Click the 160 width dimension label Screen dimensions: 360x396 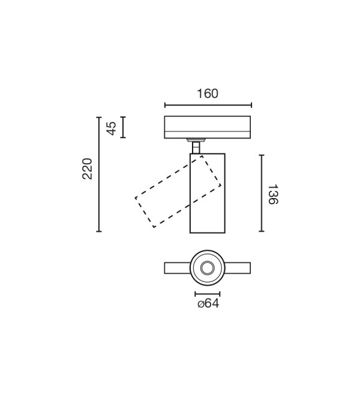(208, 94)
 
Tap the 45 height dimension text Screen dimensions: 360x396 (111, 128)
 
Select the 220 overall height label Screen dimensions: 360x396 (88, 169)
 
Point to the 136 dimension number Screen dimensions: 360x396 (273, 194)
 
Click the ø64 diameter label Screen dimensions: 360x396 (208, 304)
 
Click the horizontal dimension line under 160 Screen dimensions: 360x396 (208, 105)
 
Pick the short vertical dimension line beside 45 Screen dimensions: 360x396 (123, 127)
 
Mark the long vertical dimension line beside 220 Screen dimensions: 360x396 (99, 174)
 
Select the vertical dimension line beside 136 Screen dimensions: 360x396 (262, 193)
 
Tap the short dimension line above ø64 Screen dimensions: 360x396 (208, 294)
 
